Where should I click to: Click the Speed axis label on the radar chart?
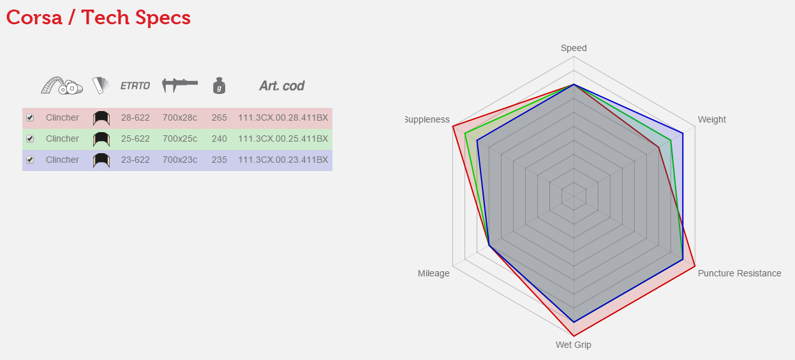coord(574,48)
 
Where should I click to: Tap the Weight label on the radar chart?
coord(711,119)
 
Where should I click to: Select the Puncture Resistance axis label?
coord(739,273)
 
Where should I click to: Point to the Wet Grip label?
coord(573,345)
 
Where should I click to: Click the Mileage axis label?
coord(433,273)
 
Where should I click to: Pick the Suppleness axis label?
coord(427,119)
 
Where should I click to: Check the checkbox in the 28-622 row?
coord(30,117)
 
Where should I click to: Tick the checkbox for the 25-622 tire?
coord(30,139)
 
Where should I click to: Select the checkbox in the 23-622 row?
coord(30,160)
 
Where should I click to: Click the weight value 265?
coord(219,117)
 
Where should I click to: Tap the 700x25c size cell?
coord(180,139)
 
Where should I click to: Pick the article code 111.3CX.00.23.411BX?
coord(283,160)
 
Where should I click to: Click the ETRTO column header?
coord(135,86)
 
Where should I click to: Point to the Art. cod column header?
coord(281,86)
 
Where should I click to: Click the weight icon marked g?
coord(219,85)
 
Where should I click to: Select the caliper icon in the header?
coord(180,84)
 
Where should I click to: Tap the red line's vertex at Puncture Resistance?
coord(695,266)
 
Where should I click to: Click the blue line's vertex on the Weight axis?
coord(683,133)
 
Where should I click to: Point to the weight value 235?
coord(219,160)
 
